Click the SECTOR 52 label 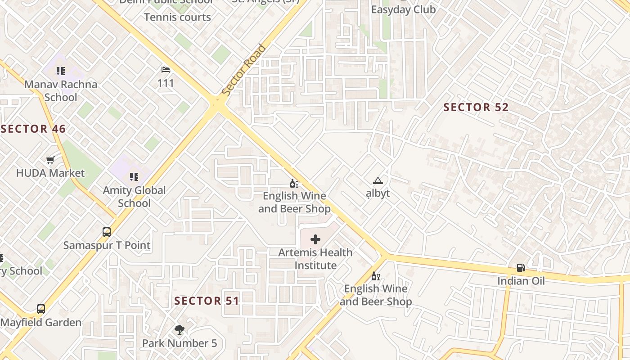click(x=476, y=107)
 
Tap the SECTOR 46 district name click(x=33, y=129)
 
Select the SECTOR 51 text click(x=207, y=301)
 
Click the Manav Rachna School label click(x=61, y=90)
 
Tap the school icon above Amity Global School click(x=134, y=177)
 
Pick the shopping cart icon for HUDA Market click(x=50, y=160)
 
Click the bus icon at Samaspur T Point click(x=107, y=232)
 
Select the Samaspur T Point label click(x=107, y=245)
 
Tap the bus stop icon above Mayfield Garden click(x=41, y=309)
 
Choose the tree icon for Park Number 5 click(x=180, y=330)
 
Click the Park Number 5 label click(x=180, y=343)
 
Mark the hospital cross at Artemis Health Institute click(x=315, y=239)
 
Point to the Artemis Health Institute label click(x=315, y=259)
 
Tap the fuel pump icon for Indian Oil click(x=521, y=268)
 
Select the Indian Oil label click(x=521, y=281)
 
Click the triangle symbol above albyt click(x=378, y=181)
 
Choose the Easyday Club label click(x=403, y=9)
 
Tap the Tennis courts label click(x=177, y=18)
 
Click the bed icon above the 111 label click(x=166, y=70)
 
